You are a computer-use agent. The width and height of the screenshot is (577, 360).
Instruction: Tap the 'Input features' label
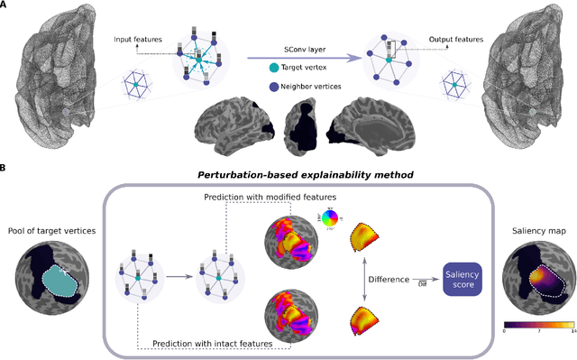(134, 40)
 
